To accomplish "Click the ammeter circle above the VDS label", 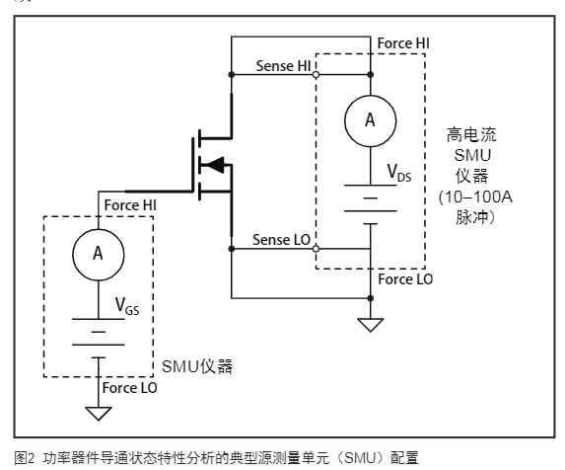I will [x=371, y=120].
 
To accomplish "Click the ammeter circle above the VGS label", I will [x=97, y=254].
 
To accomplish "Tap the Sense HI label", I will [x=282, y=64].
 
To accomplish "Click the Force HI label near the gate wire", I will [x=129, y=204].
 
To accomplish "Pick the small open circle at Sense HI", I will [x=316, y=73].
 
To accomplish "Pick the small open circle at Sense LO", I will [x=316, y=249].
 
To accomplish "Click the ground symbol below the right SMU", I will [x=371, y=323].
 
